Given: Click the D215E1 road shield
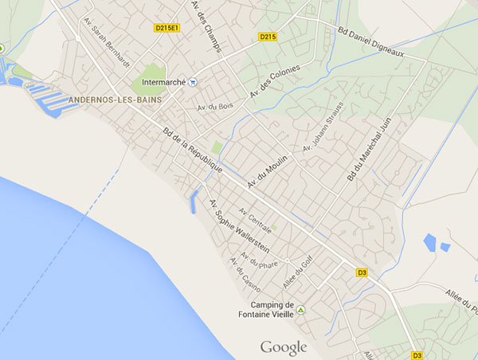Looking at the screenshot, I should [166, 28].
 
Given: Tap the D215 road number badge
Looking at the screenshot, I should [267, 37].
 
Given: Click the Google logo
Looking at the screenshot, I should [284, 347].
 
